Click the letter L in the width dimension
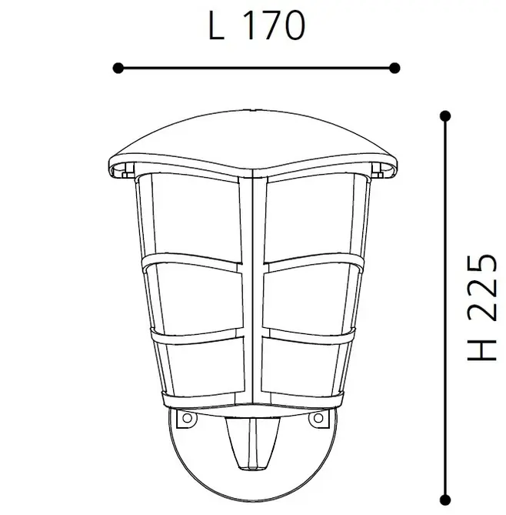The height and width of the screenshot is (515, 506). click(217, 26)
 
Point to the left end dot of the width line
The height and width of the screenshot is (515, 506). click(118, 68)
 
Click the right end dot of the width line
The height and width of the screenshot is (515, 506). click(394, 68)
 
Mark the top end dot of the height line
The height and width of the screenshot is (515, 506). click(444, 116)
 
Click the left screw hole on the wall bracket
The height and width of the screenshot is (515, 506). click(185, 419)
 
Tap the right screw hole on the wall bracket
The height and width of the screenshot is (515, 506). click(316, 419)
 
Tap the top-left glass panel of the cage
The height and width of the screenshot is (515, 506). click(196, 216)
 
